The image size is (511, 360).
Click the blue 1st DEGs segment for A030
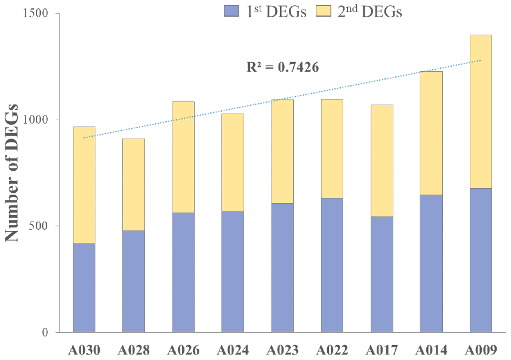point(84,287)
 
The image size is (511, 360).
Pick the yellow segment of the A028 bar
point(133,184)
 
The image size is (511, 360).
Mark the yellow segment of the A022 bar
point(332,149)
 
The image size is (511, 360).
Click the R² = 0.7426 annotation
point(282,67)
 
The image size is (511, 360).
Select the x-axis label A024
point(232,349)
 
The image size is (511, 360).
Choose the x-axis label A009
point(481,349)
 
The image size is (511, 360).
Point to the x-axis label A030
point(84,349)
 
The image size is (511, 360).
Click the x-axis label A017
point(381,349)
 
